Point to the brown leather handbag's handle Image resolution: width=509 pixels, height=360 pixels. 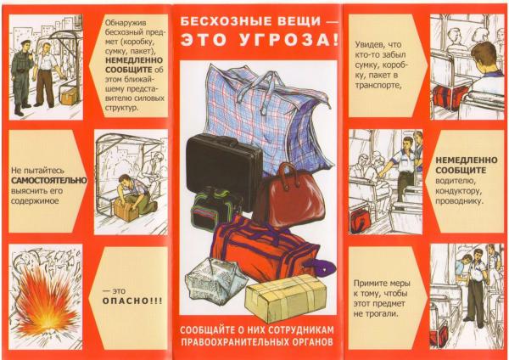coord(288,172)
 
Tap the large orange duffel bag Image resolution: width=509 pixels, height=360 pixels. coord(263,249)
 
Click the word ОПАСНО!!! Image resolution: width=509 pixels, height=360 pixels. coord(132,301)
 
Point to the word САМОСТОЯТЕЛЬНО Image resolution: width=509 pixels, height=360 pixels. coord(49,180)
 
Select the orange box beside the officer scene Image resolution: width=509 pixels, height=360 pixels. coord(69,95)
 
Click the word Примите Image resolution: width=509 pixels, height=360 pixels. coord(369,284)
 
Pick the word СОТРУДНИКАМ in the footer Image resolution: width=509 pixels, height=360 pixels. coord(299,330)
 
